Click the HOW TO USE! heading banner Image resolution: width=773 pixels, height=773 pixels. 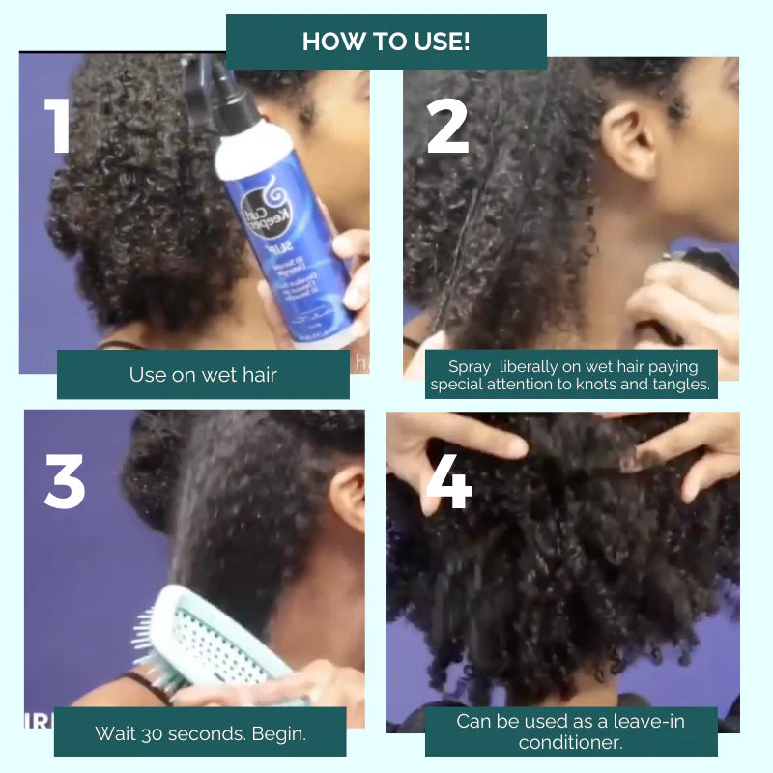click(x=386, y=42)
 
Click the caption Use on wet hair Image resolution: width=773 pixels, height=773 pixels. click(x=203, y=374)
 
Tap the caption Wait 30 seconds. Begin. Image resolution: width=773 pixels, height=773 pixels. click(x=200, y=732)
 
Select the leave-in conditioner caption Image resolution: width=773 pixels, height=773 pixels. click(x=571, y=731)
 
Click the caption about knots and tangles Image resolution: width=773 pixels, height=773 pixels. click(x=571, y=375)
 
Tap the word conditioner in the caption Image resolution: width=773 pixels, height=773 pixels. click(x=571, y=742)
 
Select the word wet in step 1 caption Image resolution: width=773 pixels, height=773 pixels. click(x=225, y=374)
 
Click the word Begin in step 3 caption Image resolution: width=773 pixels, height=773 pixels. click(x=277, y=732)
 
